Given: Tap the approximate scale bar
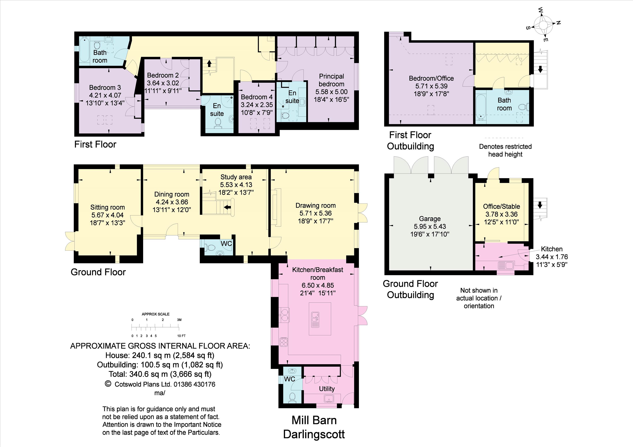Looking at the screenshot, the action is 156,327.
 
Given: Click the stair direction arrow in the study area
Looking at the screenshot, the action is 227,207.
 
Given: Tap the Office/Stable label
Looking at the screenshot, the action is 501,206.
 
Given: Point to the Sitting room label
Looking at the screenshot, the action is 108,207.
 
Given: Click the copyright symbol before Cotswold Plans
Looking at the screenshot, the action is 108,384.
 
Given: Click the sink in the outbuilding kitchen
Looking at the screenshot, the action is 506,266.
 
